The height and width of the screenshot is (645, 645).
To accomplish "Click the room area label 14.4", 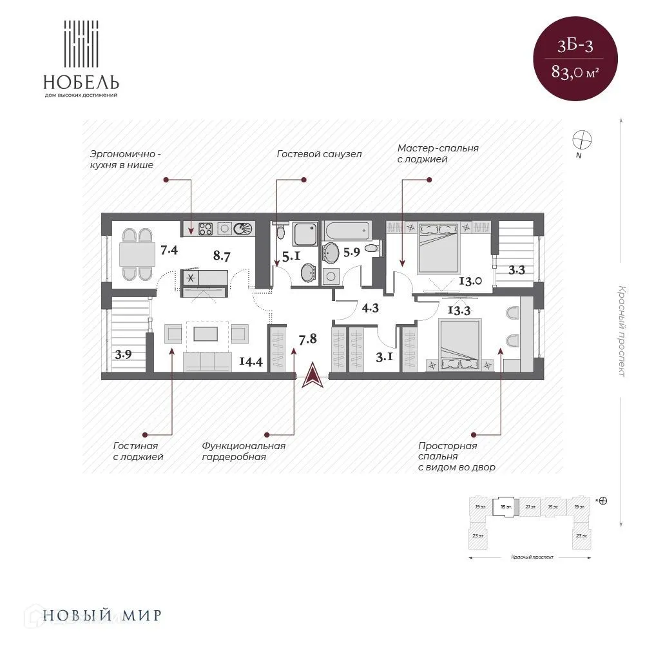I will (x=250, y=361).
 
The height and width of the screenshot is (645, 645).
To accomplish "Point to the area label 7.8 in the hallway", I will (x=307, y=337).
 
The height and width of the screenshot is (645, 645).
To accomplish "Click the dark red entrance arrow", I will (x=312, y=375).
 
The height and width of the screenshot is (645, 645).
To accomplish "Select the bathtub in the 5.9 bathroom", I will (x=347, y=230).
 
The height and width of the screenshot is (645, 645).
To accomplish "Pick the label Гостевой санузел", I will (x=319, y=154).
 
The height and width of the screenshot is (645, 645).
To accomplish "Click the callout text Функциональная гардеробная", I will (x=243, y=451).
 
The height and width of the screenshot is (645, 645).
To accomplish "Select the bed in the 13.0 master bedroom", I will (x=438, y=246).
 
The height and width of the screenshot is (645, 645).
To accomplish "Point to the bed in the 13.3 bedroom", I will (x=459, y=344).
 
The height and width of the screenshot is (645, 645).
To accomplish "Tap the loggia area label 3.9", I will (x=124, y=354).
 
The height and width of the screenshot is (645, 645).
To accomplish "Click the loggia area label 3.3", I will (x=517, y=270).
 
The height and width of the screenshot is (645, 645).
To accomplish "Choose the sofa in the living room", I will (x=207, y=361).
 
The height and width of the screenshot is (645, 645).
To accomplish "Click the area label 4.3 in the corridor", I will (x=370, y=309).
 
